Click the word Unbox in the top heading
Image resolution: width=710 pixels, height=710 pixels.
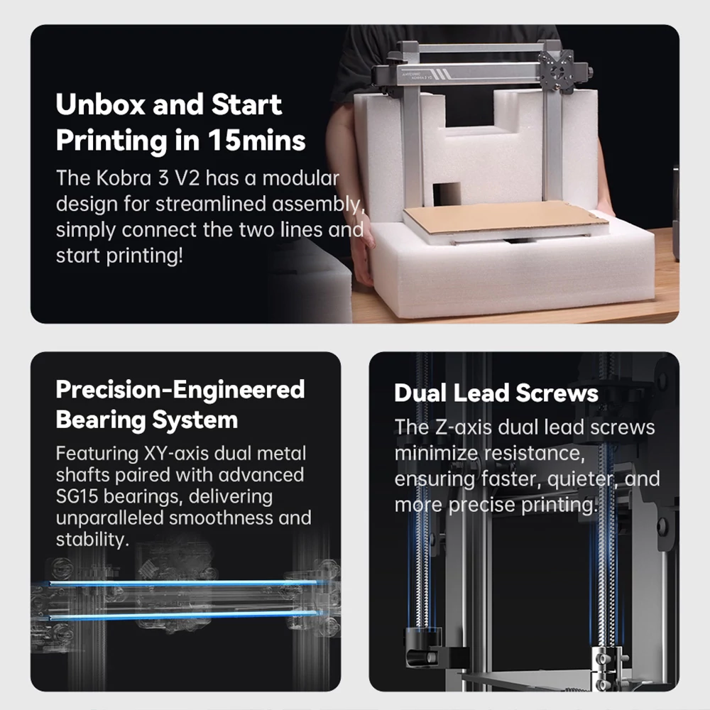click(x=101, y=104)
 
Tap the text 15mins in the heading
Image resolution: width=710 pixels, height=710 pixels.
click(x=256, y=141)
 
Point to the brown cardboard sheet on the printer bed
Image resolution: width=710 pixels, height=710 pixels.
click(x=506, y=218)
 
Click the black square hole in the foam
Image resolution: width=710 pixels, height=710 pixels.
click(x=447, y=195)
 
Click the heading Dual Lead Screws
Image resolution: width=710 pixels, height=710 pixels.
click(x=496, y=393)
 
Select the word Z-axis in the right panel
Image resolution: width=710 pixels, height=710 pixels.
click(x=463, y=427)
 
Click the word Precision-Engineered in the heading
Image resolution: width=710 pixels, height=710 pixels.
click(x=180, y=389)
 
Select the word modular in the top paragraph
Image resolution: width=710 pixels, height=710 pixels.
click(x=300, y=178)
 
